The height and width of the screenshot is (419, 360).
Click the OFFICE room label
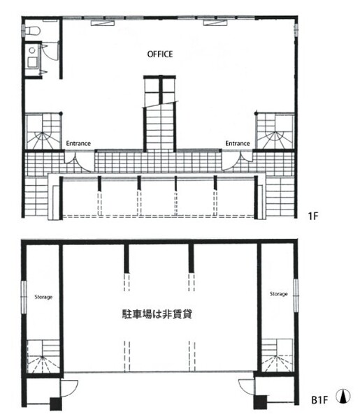pyautogui.click(x=160, y=54)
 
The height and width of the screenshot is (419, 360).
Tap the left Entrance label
pyautogui.click(x=78, y=143)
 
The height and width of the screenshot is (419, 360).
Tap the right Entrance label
pyautogui.click(x=238, y=143)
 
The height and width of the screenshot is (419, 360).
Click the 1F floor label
pyautogui.click(x=313, y=216)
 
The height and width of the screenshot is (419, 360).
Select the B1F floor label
pyautogui.click(x=319, y=400)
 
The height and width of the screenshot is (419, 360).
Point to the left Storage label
pyautogui.click(x=43, y=297)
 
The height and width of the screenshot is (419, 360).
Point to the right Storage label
pyautogui.click(x=279, y=294)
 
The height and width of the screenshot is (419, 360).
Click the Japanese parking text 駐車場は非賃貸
pyautogui.click(x=157, y=314)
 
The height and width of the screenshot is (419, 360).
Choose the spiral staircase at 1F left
pyautogui.click(x=43, y=131)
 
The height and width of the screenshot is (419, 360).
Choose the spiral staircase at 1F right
pyautogui.click(x=275, y=131)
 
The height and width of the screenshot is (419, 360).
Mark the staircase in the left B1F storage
pyautogui.click(x=43, y=356)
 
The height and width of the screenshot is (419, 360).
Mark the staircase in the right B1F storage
pyautogui.click(x=278, y=355)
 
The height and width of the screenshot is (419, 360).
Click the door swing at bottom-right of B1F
pyautogui.click(x=246, y=387)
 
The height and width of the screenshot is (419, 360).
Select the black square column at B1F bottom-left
pyautogui.click(x=56, y=404)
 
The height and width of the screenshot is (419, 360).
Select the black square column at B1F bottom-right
pyautogui.click(x=260, y=402)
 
